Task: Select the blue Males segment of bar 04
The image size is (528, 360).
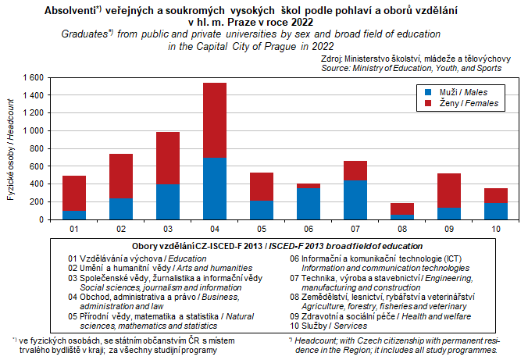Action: point(214,188)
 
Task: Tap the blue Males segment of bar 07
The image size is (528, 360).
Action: point(355,200)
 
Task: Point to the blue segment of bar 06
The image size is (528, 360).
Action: point(309,204)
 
